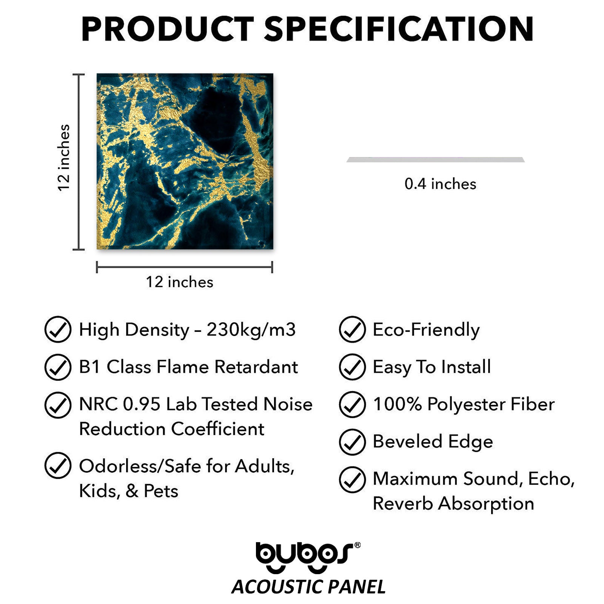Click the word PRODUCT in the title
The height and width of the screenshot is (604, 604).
pyautogui.click(x=168, y=29)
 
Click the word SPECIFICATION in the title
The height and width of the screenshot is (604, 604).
pyautogui.click(x=399, y=29)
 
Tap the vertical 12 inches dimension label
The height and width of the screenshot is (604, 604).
pyautogui.click(x=64, y=158)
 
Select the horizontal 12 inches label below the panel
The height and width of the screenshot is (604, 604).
pyautogui.click(x=180, y=282)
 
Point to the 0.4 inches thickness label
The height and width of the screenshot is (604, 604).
pyautogui.click(x=440, y=184)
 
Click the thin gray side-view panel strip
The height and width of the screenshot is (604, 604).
pyautogui.click(x=436, y=160)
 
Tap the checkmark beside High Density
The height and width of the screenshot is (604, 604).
pyautogui.click(x=58, y=330)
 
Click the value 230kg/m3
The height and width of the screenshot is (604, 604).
pyautogui.click(x=251, y=330)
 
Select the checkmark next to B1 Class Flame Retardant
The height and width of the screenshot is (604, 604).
pyautogui.click(x=58, y=367)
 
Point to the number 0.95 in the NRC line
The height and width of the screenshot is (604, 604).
pyautogui.click(x=142, y=404)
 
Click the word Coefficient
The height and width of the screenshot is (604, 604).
pyautogui.click(x=218, y=429)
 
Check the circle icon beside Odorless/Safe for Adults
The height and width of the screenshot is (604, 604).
pyautogui.click(x=58, y=465)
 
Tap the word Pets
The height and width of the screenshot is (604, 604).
pyautogui.click(x=161, y=491)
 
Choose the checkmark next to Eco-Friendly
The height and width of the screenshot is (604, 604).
pyautogui.click(x=352, y=330)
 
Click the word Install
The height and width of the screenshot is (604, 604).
pyautogui.click(x=466, y=367)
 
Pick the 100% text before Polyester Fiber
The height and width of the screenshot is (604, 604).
pyautogui.click(x=397, y=404)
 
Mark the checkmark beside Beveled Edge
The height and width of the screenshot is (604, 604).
pyautogui.click(x=352, y=442)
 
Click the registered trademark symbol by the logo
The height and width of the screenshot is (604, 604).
pyautogui.click(x=357, y=545)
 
